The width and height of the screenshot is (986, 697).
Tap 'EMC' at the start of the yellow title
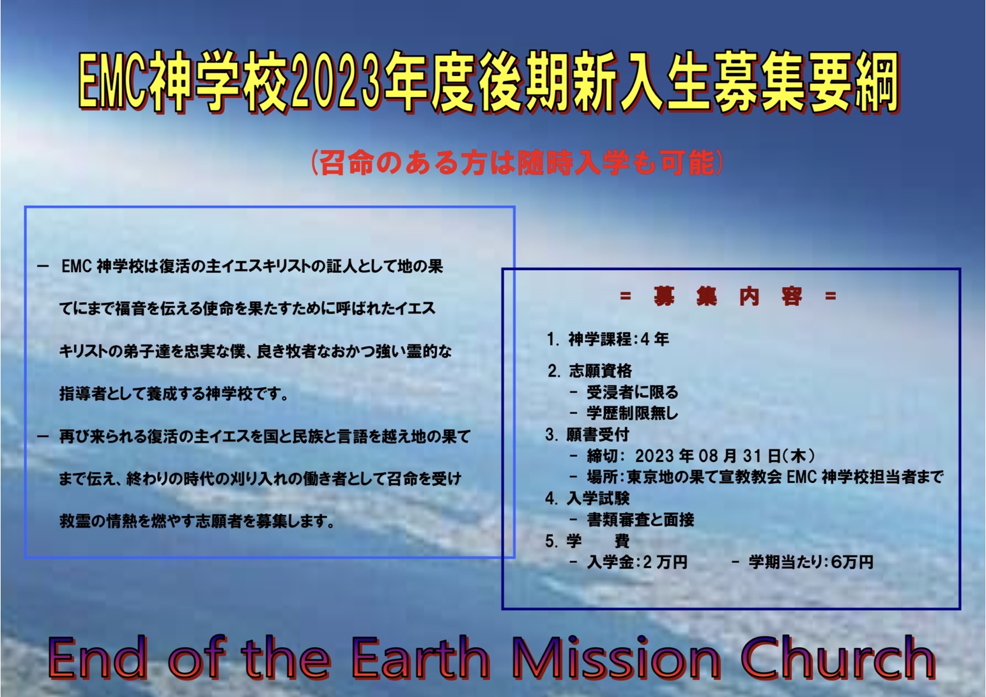pos(112,84)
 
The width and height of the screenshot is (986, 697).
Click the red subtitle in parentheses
pos(516,164)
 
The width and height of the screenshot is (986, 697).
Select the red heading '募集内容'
pos(728,296)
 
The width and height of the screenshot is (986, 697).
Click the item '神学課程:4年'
pos(608,340)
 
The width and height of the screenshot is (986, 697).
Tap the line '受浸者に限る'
pos(632,392)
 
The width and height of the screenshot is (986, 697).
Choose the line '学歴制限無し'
pos(632,413)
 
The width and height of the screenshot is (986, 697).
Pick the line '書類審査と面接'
pos(640,520)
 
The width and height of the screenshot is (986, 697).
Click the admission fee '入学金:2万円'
pos(637,562)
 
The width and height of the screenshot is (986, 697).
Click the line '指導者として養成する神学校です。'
pos(174,394)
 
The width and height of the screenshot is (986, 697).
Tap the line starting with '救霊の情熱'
pos(197,521)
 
